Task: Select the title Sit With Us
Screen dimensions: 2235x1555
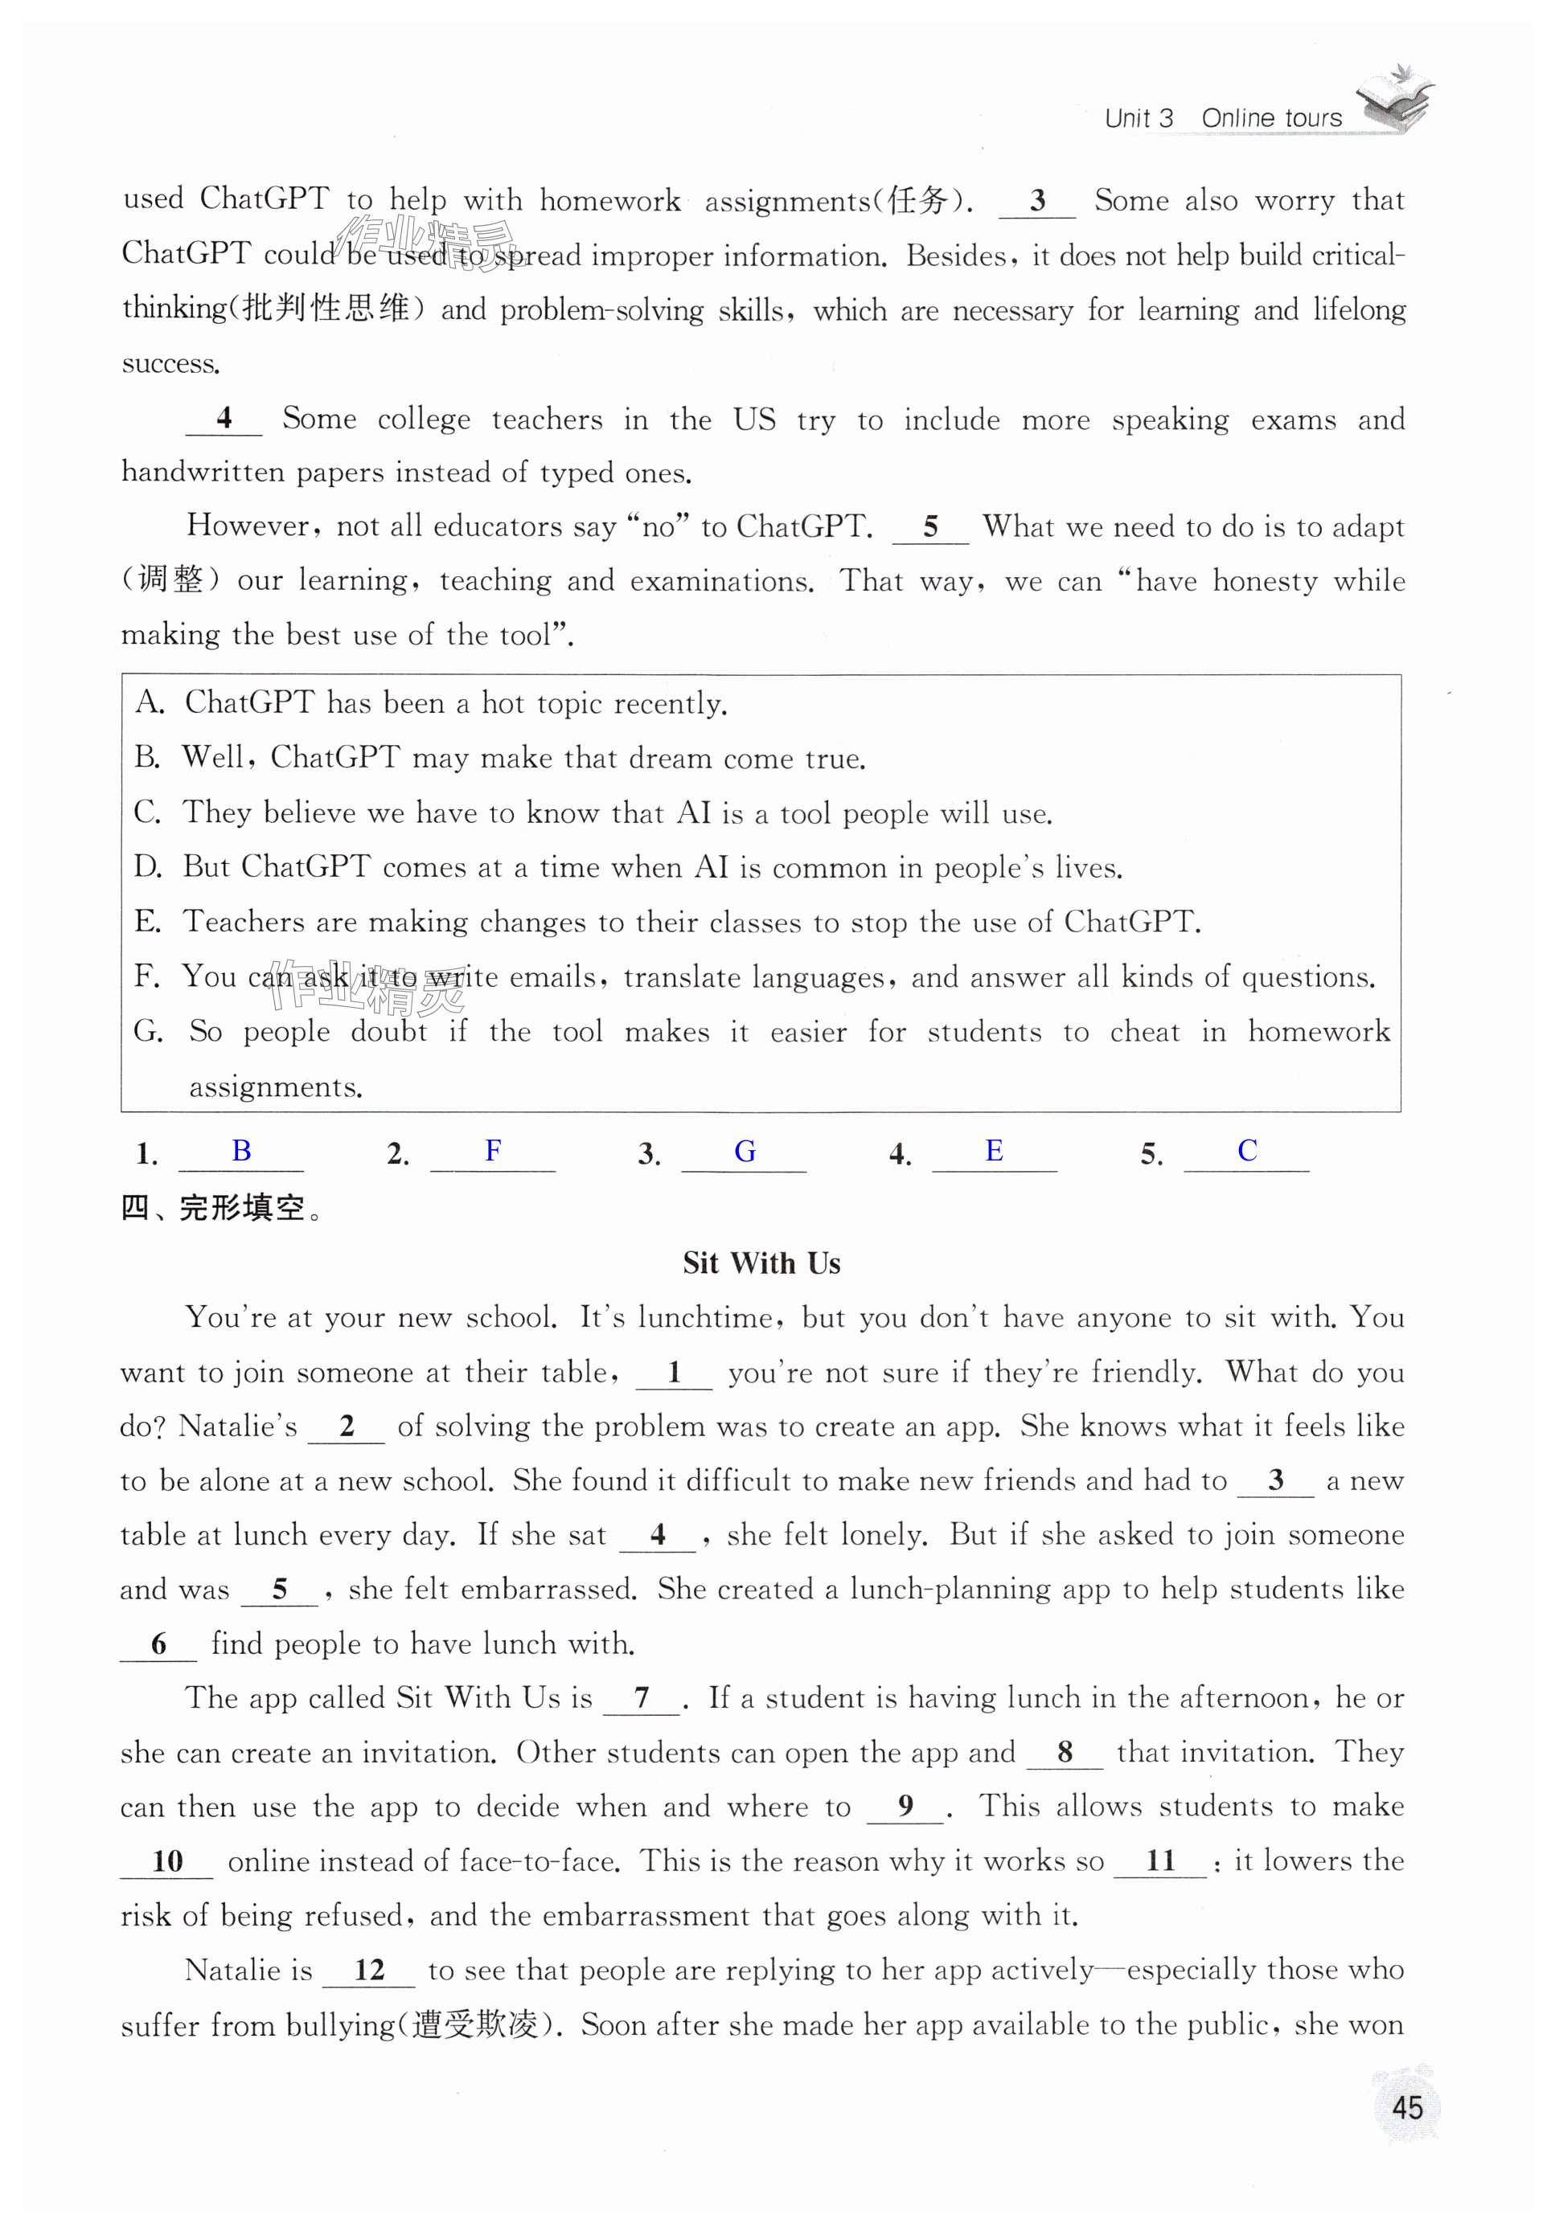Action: [x=761, y=1263]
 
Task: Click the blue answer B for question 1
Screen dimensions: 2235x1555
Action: [x=241, y=1151]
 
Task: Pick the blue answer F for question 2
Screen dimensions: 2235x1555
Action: [x=493, y=1151]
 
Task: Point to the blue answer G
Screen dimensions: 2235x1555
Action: [x=745, y=1152]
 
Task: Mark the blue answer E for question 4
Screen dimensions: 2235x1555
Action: [x=994, y=1151]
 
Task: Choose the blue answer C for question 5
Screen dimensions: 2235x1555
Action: [x=1247, y=1151]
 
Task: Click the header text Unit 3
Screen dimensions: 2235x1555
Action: [x=1139, y=119]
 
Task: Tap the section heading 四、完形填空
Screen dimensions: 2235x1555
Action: [x=221, y=1208]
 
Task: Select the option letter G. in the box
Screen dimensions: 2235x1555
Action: [x=149, y=1031]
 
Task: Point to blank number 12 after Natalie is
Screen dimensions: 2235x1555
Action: [x=369, y=1971]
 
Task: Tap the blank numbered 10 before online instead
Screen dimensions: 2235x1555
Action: [x=166, y=1862]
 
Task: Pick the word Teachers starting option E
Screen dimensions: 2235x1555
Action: [x=244, y=922]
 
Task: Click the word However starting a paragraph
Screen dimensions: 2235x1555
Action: [x=248, y=526]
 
